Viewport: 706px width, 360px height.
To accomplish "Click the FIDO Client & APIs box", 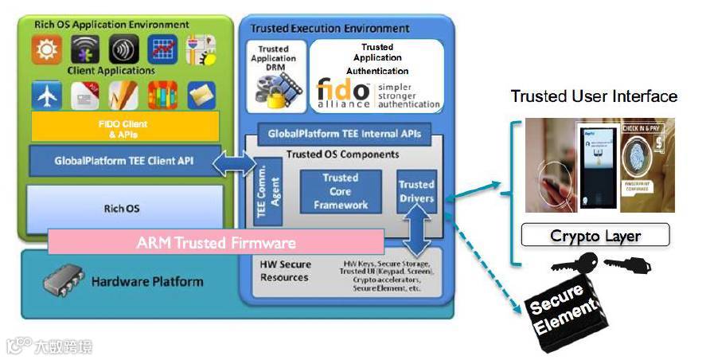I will pos(124,128).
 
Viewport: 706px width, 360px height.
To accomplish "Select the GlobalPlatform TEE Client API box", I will pos(124,160).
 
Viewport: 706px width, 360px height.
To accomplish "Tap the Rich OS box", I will pos(124,209).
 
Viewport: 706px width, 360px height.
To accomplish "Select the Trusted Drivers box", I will pos(417,191).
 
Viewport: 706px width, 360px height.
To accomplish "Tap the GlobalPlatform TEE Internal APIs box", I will pos(344,133).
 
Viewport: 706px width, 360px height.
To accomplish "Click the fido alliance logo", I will pos(343,92).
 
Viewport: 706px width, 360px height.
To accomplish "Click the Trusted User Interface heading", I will pos(594,96).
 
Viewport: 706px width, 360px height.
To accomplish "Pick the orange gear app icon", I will pos(46,49).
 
